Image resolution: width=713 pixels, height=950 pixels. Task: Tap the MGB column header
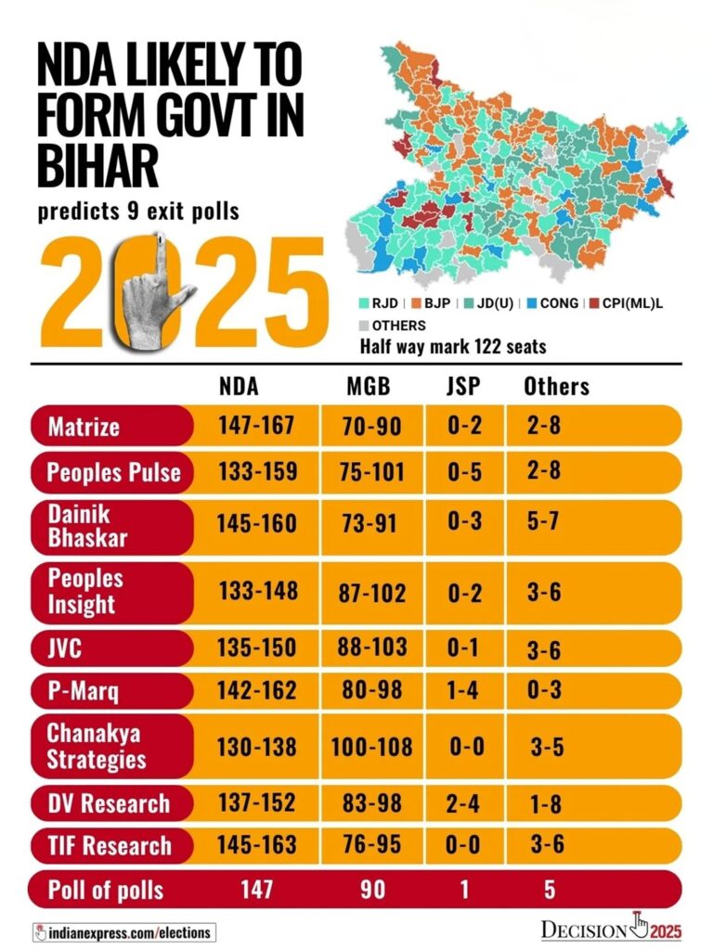coord(359,387)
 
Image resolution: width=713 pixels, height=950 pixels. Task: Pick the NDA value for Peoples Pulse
coord(257,471)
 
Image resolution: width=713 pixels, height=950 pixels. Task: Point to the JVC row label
coord(65,648)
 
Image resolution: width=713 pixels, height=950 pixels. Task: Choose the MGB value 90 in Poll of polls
coord(370,891)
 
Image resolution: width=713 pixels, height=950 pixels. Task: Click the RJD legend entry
coord(377,303)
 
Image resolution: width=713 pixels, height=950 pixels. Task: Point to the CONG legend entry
coord(551,303)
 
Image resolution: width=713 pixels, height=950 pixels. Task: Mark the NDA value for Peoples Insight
coord(257,591)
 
